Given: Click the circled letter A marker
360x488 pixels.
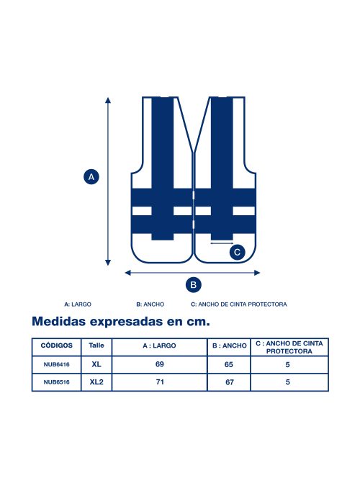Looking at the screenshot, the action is point(91,177).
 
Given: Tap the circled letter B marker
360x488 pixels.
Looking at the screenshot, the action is point(194,285).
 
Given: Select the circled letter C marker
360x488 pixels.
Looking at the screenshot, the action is point(238,252).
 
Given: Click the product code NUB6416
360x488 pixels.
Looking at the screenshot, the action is point(56,364).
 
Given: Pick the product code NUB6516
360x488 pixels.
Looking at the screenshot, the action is point(56,382).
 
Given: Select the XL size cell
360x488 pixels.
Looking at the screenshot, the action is point(96,364).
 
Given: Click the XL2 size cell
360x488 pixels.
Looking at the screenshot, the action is point(96,382).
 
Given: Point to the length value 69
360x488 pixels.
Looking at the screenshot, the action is point(159,364).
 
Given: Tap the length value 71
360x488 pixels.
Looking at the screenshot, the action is point(160,382).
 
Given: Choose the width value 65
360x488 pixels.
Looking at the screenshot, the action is point(229,364).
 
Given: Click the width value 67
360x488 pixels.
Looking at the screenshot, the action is point(230,382).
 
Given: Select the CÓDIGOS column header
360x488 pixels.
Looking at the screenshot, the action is point(56,345).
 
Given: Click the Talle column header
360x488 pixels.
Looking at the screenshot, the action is point(96,345).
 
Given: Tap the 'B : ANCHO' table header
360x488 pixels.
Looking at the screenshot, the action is point(229,345).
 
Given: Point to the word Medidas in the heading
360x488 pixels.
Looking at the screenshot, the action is point(59,322).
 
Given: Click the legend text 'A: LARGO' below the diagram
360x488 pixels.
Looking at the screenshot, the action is point(78,304).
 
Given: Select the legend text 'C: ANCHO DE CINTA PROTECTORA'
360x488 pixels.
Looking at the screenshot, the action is point(239,304).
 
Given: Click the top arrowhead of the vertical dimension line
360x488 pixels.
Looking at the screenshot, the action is point(108,100).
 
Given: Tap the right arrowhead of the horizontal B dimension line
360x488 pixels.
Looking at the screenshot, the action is point(257,273).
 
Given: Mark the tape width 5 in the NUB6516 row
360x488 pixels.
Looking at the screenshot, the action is point(288,382).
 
